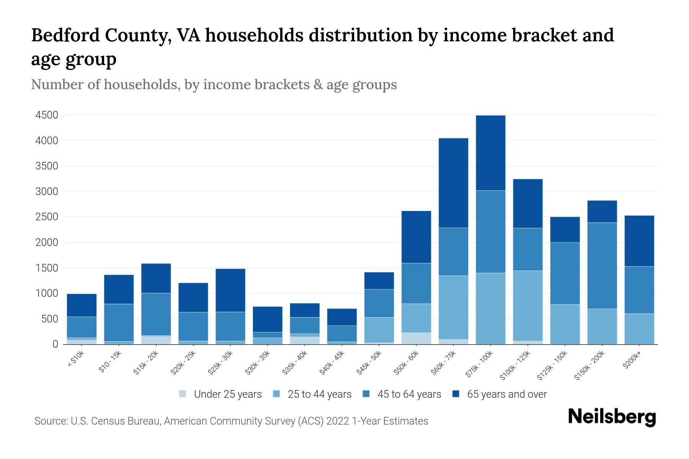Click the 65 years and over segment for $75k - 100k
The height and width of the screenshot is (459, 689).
(490, 153)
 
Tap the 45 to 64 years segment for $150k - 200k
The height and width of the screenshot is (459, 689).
(602, 265)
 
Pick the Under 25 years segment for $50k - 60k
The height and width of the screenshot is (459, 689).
(416, 338)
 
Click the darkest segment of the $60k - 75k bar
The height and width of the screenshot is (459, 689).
(453, 183)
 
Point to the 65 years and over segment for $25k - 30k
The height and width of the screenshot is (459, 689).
(230, 290)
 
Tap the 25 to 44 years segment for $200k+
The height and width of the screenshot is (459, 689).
(639, 329)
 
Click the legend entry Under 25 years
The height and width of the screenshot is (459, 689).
(227, 394)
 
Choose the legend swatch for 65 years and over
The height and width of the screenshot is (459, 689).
(456, 394)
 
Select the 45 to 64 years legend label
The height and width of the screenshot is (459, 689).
(409, 394)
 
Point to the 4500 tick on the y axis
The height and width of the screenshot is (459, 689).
(46, 115)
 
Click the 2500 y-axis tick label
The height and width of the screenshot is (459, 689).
(46, 217)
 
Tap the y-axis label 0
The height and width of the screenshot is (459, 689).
(55, 344)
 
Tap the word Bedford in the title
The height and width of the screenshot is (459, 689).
(65, 35)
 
